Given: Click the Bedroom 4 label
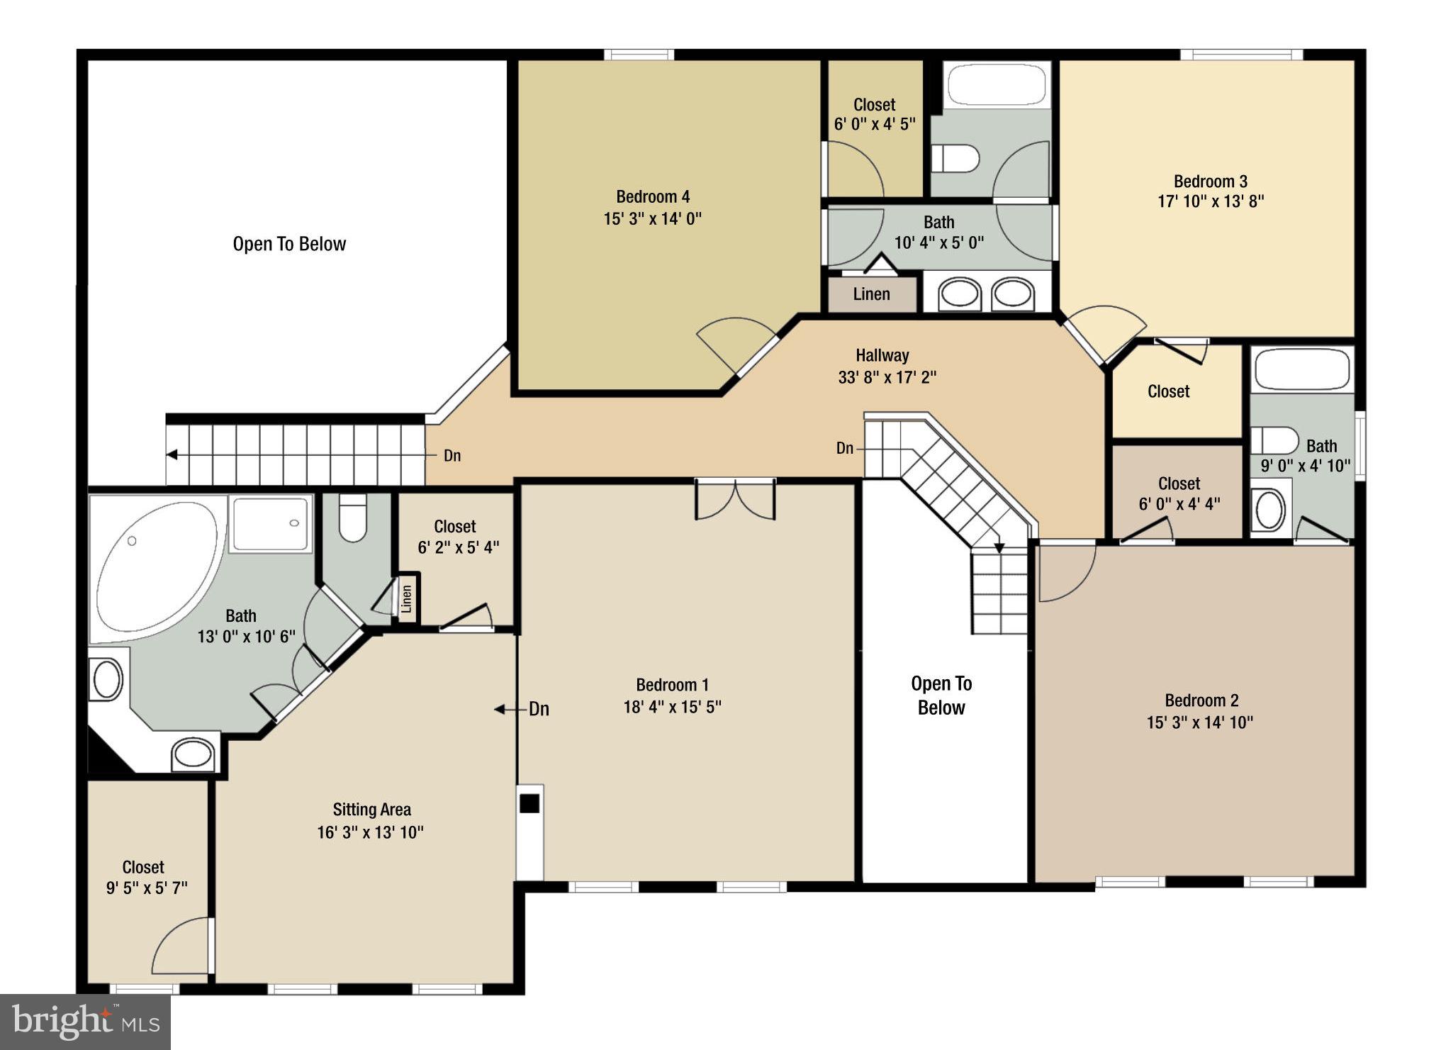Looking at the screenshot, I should (652, 196).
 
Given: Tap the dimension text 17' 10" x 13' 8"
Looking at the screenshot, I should (1210, 201).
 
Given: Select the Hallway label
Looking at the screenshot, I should (882, 355).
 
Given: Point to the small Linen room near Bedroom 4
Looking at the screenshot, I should (871, 294).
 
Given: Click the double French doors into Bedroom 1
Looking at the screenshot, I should (735, 498).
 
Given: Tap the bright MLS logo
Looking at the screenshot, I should (85, 1022).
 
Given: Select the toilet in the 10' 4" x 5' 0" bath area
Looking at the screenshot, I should (955, 159).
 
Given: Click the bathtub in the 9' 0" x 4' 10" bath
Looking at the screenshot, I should (1301, 369).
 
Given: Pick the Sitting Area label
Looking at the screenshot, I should (371, 810).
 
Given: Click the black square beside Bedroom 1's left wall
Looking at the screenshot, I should (529, 803).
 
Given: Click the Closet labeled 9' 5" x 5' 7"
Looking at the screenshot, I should (144, 877).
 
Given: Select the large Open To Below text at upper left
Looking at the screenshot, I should (289, 244).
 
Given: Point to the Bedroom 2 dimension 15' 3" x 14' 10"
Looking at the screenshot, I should (1199, 722).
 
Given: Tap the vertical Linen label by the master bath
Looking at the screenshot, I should (406, 598).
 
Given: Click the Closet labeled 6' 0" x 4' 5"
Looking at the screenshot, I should (874, 114).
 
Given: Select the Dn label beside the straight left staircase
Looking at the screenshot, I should (452, 456).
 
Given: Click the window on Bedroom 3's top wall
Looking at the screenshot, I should (1241, 55).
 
